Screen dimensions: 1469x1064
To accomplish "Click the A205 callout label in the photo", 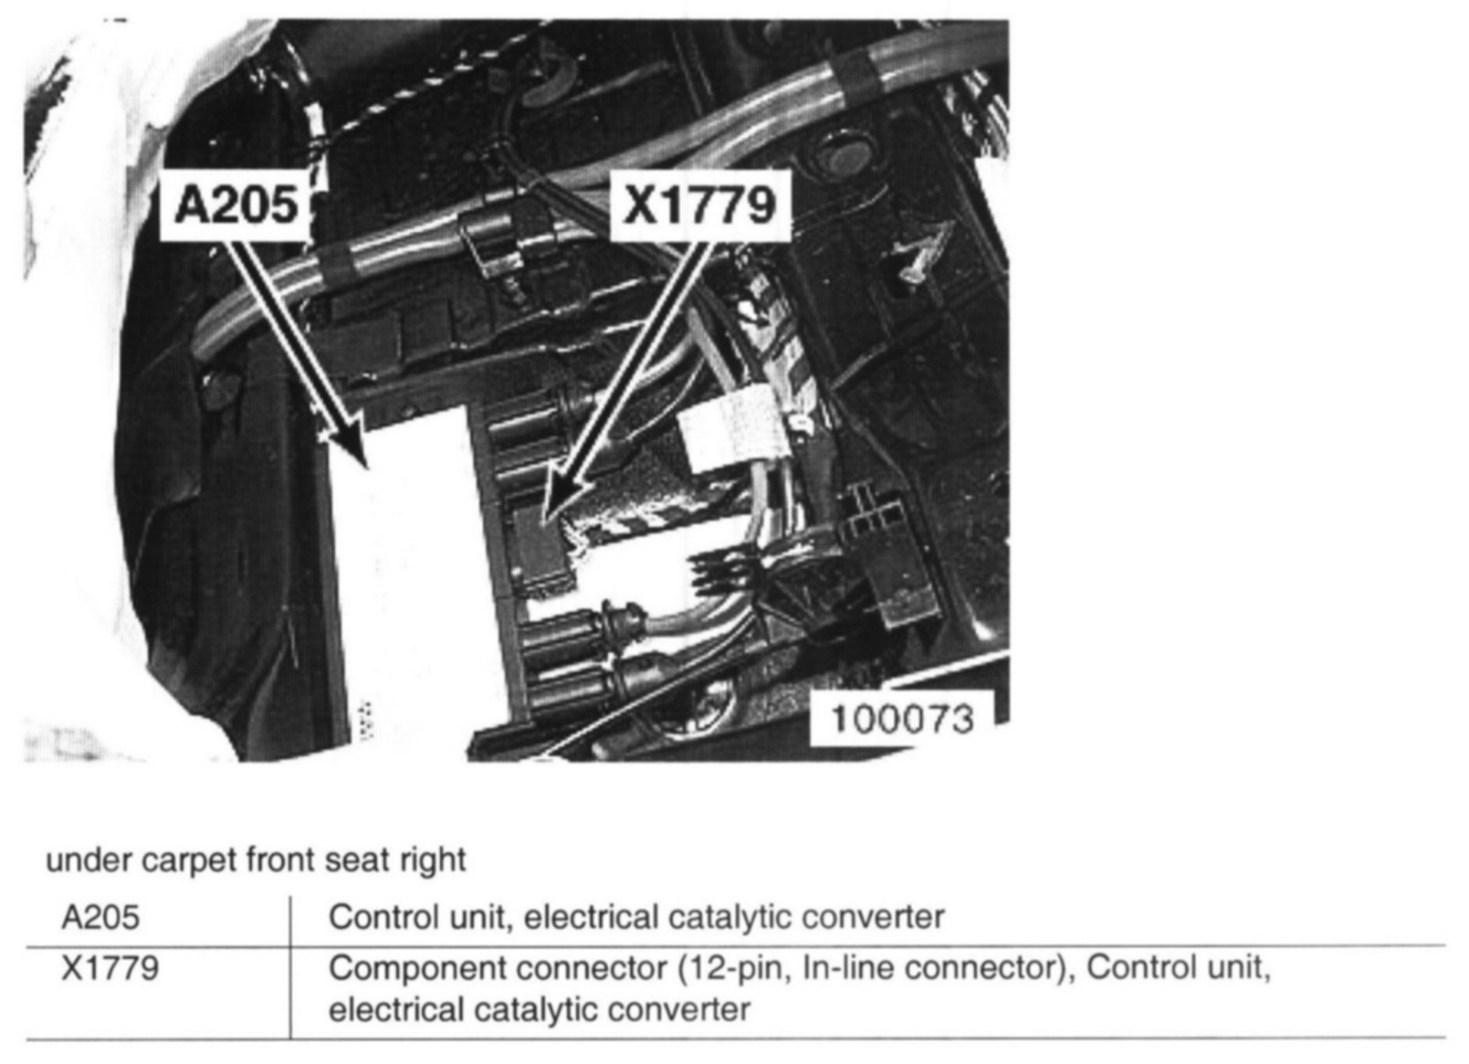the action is [236, 204].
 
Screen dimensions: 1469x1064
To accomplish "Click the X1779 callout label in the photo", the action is [699, 205].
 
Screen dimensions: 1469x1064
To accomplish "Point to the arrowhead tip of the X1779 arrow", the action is [544, 521].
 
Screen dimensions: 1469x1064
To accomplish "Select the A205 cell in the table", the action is [100, 916].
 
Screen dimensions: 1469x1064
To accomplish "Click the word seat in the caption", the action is [365, 860].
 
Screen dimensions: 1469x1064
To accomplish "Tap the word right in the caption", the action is [434, 860].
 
